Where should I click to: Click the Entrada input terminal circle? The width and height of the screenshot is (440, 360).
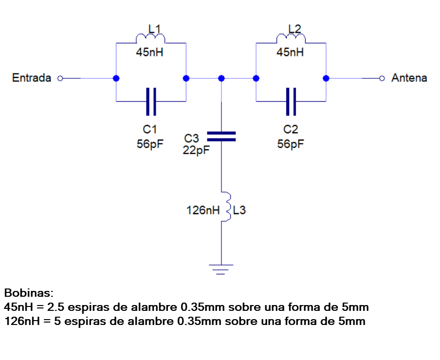pyautogui.click(x=60, y=78)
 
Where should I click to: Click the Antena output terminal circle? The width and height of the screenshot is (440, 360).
pyautogui.click(x=382, y=78)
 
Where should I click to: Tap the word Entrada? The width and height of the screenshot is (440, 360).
pyautogui.click(x=32, y=78)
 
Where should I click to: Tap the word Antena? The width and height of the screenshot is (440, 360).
pyautogui.click(x=409, y=78)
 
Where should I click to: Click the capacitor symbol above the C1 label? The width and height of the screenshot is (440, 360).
pyautogui.click(x=151, y=102)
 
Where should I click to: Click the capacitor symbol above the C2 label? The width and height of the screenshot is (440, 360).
pyautogui.click(x=291, y=102)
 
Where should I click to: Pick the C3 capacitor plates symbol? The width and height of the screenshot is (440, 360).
pyautogui.click(x=221, y=136)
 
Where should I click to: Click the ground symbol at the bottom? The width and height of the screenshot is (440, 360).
pyautogui.click(x=221, y=269)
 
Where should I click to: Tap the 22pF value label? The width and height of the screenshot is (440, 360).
pyautogui.click(x=196, y=151)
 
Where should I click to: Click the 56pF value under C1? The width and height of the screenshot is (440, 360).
pyautogui.click(x=150, y=144)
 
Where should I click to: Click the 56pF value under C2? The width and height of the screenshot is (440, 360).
pyautogui.click(x=291, y=144)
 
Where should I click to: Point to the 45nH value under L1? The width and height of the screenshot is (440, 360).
pyautogui.click(x=150, y=53)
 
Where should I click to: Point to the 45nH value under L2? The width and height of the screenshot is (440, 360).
pyautogui.click(x=290, y=53)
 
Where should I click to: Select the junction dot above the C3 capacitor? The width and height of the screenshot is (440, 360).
pyautogui.click(x=221, y=78)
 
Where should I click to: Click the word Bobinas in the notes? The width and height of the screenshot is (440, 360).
pyautogui.click(x=29, y=293)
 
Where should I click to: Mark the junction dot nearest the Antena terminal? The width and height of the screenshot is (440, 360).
pyautogui.click(x=326, y=78)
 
